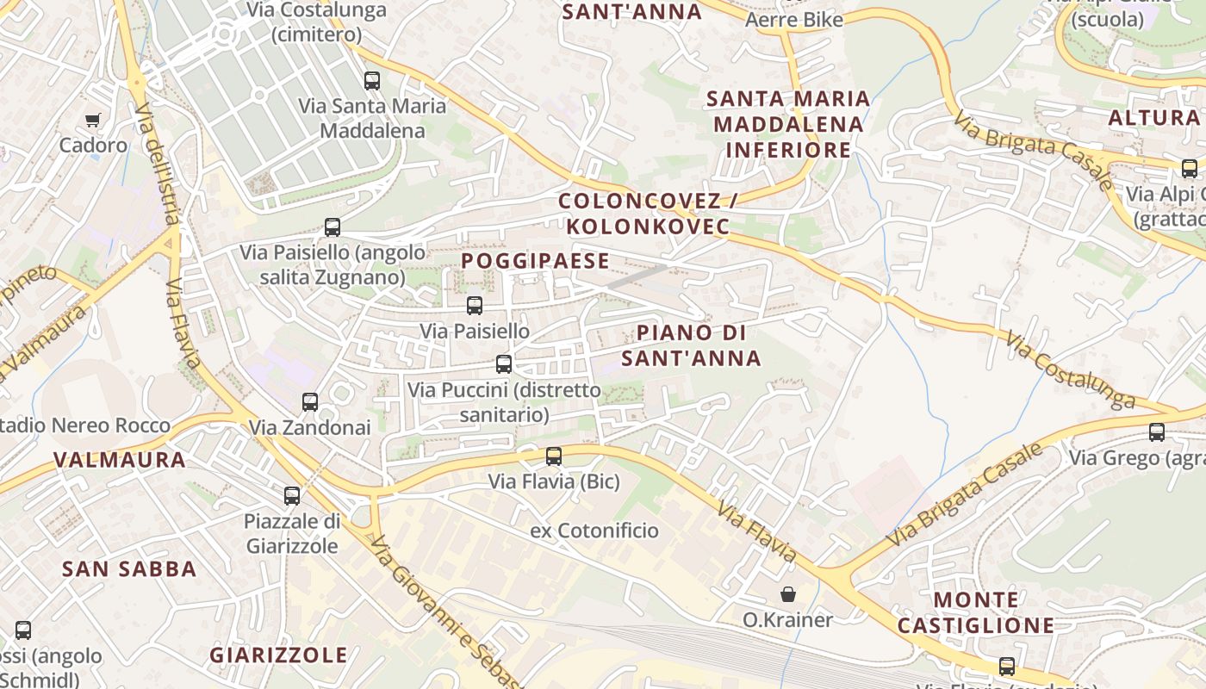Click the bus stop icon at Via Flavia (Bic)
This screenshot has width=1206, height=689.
pyautogui.click(x=554, y=456)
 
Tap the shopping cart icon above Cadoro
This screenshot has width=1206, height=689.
pyautogui.click(x=92, y=120)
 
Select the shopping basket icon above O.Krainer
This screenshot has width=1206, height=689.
pyautogui.click(x=787, y=594)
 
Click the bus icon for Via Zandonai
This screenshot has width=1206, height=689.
pyautogui.click(x=310, y=402)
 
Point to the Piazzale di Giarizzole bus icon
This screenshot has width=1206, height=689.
pyautogui.click(x=292, y=496)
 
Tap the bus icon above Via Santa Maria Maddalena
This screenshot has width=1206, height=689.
pyautogui.click(x=372, y=81)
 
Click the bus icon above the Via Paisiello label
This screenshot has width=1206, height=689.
pyautogui.click(x=475, y=306)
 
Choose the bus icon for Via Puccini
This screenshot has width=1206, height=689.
pyautogui.click(x=504, y=364)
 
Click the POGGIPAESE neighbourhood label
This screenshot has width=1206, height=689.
pyautogui.click(x=535, y=261)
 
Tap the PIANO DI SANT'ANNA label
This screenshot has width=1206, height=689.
pyautogui.click(x=692, y=345)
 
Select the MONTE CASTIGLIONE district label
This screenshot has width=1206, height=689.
pyautogui.click(x=976, y=612)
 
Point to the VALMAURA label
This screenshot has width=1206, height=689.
pyautogui.click(x=120, y=460)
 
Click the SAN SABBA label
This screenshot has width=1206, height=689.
pyautogui.click(x=129, y=569)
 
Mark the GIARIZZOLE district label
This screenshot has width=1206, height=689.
pyautogui.click(x=278, y=655)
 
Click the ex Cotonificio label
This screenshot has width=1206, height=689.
pyautogui.click(x=594, y=531)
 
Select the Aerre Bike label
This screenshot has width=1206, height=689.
pyautogui.click(x=793, y=20)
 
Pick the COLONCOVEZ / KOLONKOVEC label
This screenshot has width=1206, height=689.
pyautogui.click(x=644, y=214)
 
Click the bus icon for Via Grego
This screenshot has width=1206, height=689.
pyautogui.click(x=1157, y=432)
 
